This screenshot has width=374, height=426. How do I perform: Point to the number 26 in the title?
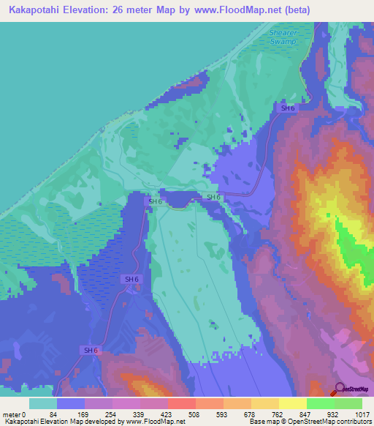(x=118, y=10)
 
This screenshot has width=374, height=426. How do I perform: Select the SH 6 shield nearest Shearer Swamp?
(x=288, y=108)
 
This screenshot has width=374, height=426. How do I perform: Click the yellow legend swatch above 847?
(x=293, y=403)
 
